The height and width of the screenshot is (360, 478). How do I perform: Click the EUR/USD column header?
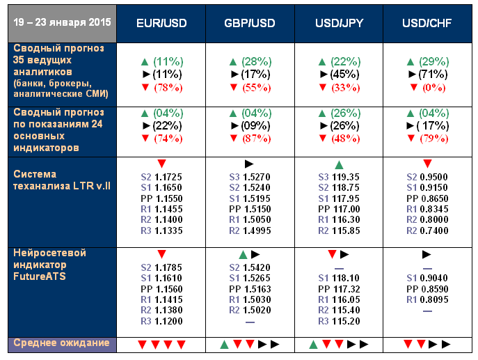[161, 23]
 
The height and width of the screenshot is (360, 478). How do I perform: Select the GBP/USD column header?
[249, 23]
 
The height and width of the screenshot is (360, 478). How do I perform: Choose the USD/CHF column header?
[429, 23]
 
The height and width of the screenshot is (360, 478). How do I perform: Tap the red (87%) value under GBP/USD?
[255, 138]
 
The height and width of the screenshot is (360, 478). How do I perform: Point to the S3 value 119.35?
[346, 178]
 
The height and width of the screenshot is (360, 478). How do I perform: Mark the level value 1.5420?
[257, 267]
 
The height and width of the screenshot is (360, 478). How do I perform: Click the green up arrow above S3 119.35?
[338, 165]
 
